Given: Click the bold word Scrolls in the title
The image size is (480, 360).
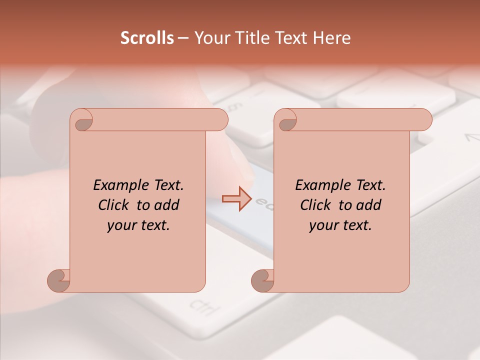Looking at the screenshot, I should coord(147,38).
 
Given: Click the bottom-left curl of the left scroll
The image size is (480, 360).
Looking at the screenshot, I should coord(59,280).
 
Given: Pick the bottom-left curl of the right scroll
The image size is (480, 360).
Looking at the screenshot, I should coord(262,280).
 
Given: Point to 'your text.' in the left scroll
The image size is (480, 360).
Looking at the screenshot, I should coord(138,225).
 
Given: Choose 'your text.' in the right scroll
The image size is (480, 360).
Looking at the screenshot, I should coord(340,225).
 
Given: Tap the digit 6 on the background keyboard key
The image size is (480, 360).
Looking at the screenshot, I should coord(233,106).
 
